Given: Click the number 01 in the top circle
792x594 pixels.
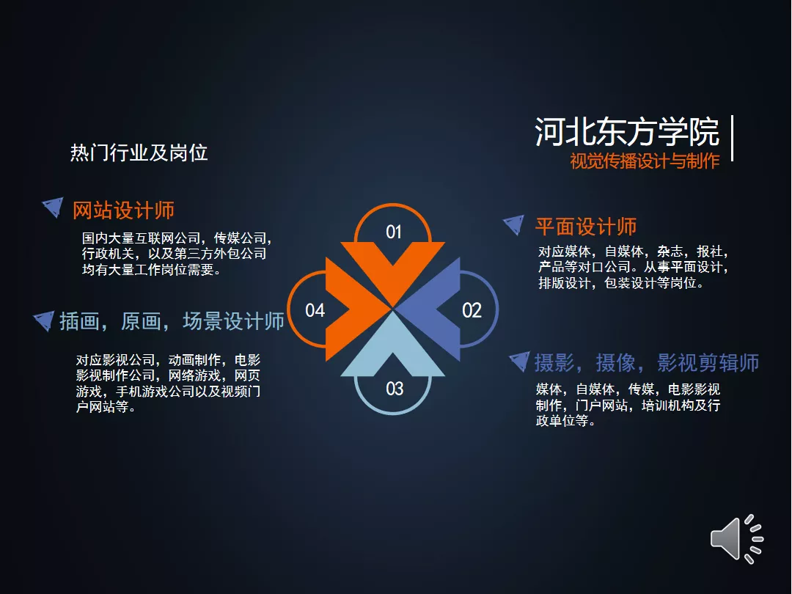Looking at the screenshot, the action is click(394, 232).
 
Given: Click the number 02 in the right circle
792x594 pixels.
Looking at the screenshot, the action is click(472, 310).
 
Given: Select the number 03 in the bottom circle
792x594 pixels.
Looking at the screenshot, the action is click(395, 389).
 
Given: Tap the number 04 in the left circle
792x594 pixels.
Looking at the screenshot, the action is click(315, 310).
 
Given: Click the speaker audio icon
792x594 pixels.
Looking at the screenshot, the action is click(736, 539).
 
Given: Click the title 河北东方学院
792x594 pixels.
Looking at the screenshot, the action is click(627, 132).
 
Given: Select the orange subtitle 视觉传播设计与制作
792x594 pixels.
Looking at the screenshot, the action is click(645, 161).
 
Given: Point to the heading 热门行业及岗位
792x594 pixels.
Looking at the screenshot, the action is click(139, 153).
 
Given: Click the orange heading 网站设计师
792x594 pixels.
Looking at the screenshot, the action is click(124, 210).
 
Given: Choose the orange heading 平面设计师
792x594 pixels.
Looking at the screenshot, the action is click(586, 227).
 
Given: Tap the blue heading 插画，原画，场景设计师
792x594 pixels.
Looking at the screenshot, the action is click(172, 321).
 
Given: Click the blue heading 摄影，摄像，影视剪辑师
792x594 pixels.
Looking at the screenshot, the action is click(647, 363).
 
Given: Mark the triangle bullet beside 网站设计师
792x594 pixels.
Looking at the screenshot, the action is click(54, 206).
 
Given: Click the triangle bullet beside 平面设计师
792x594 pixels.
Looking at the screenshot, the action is click(515, 224).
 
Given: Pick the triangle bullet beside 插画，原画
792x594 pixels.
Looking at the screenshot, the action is click(45, 320).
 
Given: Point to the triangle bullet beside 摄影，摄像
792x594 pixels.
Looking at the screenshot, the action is click(520, 361).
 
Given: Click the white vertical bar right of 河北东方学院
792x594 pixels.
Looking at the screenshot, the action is click(732, 139).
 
